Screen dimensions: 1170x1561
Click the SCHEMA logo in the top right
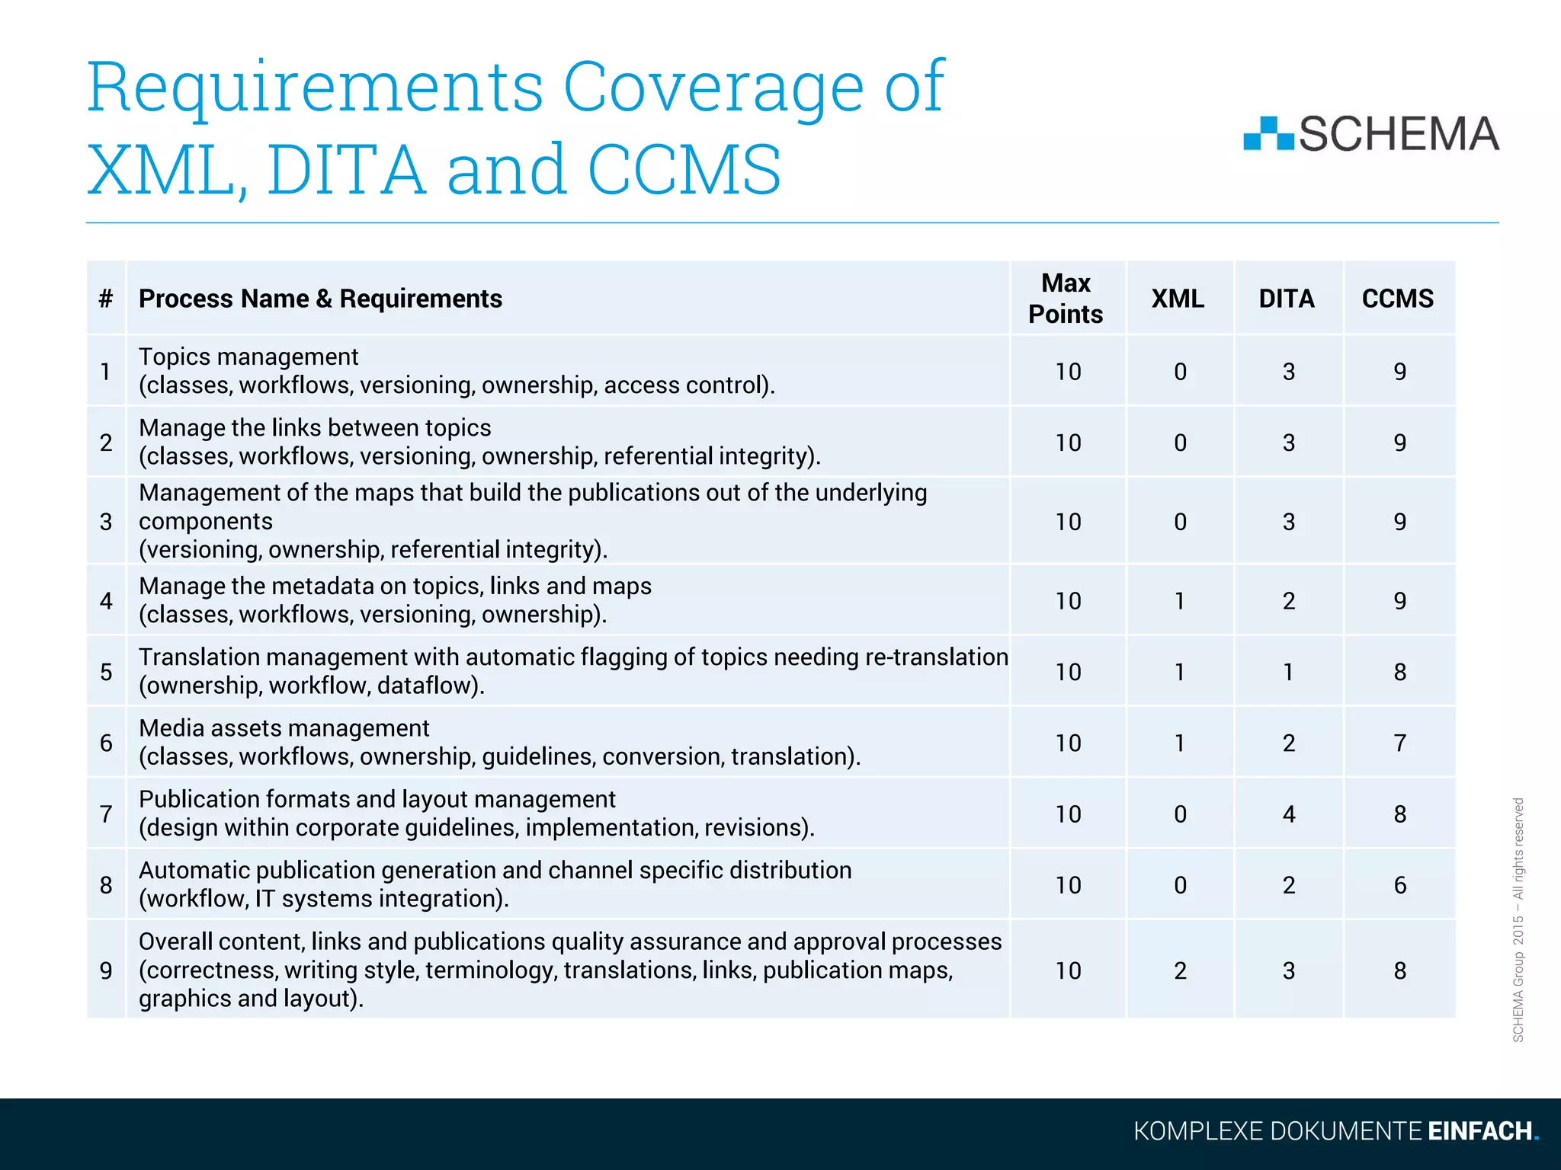pos(1371,134)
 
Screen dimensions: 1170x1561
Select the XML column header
pos(1178,299)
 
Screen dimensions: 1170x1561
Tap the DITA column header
pos(1287,299)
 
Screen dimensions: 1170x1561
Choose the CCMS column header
pos(1398,299)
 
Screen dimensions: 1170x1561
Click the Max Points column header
pos(1066,299)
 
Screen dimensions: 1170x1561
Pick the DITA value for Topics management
pos(1288,372)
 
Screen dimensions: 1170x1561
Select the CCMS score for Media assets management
pos(1399,743)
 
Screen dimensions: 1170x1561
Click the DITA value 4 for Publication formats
pos(1288,814)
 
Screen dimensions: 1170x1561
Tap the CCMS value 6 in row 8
pos(1399,885)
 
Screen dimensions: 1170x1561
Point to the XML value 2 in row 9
pos(1180,970)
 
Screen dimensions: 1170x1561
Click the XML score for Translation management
pos(1180,672)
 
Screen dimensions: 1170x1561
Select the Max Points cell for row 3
pos(1068,522)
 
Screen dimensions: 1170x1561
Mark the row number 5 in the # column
pos(106,672)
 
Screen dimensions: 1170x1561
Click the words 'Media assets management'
pos(284,728)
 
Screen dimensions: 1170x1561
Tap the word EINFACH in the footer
pos(1479,1131)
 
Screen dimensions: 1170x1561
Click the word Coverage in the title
pos(713,88)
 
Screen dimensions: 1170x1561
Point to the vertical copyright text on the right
pos(1518,919)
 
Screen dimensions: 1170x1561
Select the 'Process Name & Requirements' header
pos(320,299)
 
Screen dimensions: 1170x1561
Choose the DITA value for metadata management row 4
pos(1288,601)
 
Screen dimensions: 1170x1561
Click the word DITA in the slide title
pos(346,169)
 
